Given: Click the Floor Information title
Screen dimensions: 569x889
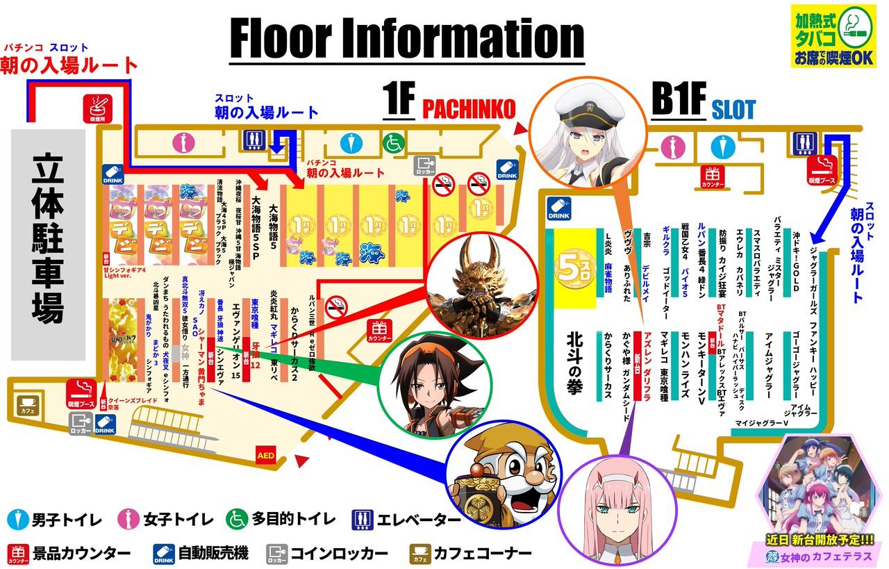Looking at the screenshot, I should pyautogui.click(x=407, y=39).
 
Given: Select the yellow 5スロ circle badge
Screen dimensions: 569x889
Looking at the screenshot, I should pyautogui.click(x=574, y=269).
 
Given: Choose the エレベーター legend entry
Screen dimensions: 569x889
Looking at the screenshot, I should pyautogui.click(x=406, y=519).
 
